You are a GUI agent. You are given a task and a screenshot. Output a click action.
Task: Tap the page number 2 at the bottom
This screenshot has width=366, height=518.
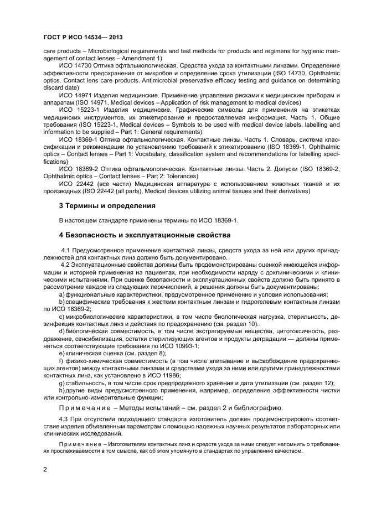click(x=45, y=470)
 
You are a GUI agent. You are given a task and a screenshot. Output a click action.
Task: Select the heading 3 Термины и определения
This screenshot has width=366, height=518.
click(x=107, y=206)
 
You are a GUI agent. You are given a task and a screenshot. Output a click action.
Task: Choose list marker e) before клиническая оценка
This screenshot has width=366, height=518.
click(x=62, y=353)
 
